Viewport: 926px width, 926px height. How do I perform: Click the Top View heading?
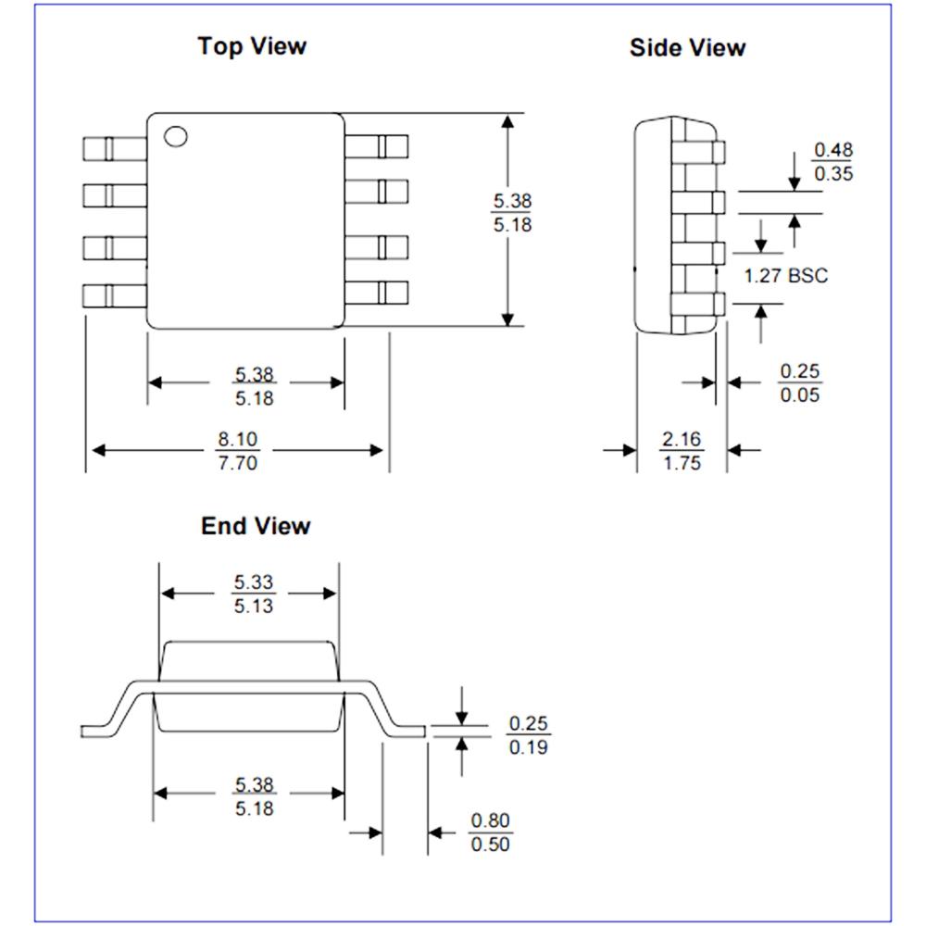pyautogui.click(x=251, y=45)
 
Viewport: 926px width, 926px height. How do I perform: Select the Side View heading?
pyautogui.click(x=687, y=48)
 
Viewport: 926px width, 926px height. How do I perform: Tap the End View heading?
pyautogui.click(x=256, y=526)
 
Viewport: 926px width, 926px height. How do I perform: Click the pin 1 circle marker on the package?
pyautogui.click(x=175, y=136)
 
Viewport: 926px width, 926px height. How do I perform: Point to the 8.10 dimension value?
pyautogui.click(x=237, y=439)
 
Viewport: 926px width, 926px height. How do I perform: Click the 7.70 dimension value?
pyautogui.click(x=237, y=462)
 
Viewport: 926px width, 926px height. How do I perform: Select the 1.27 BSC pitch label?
pyautogui.click(x=786, y=275)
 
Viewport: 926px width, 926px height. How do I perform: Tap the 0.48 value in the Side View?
pyautogui.click(x=832, y=149)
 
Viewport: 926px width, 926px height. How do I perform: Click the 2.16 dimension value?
pyautogui.click(x=682, y=439)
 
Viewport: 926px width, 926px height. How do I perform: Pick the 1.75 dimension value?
pyautogui.click(x=682, y=463)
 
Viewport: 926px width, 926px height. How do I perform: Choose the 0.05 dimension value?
pyautogui.click(x=800, y=394)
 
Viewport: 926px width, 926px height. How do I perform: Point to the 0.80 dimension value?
pyautogui.click(x=491, y=820)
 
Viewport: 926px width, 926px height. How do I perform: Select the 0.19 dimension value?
pyautogui.click(x=528, y=746)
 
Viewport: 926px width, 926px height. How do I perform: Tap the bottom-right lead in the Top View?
pyautogui.click(x=377, y=294)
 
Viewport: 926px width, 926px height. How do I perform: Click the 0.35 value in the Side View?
pyautogui.click(x=832, y=173)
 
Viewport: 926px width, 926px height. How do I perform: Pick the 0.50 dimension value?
pyautogui.click(x=491, y=844)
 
